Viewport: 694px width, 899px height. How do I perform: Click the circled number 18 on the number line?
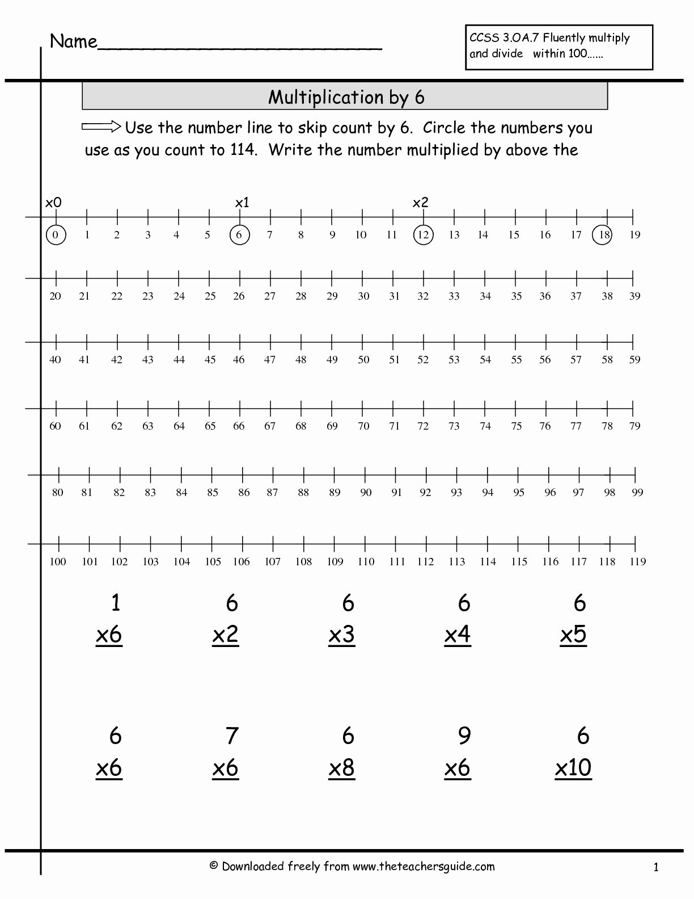pyautogui.click(x=602, y=235)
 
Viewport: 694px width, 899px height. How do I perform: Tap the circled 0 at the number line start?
pyautogui.click(x=56, y=235)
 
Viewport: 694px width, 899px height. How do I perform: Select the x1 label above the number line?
pyautogui.click(x=242, y=203)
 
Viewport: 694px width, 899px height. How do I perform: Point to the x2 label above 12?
pyautogui.click(x=420, y=203)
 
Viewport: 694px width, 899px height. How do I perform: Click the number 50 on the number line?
pyautogui.click(x=363, y=359)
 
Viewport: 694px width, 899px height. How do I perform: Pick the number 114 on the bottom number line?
pyautogui.click(x=488, y=562)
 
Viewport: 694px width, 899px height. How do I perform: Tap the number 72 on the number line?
pyautogui.click(x=423, y=426)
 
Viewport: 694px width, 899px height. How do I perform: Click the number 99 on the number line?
pyautogui.click(x=637, y=493)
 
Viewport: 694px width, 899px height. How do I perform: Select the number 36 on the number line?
pyautogui.click(x=545, y=296)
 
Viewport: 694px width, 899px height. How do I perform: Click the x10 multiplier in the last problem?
pyautogui.click(x=573, y=768)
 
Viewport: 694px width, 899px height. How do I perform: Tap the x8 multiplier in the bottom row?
pyautogui.click(x=341, y=768)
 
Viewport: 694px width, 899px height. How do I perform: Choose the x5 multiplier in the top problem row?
pyautogui.click(x=573, y=635)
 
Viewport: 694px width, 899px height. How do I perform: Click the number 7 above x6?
pyautogui.click(x=231, y=736)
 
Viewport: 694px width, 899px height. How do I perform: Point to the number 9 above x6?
pyautogui.click(x=464, y=736)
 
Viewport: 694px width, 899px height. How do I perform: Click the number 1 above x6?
pyautogui.click(x=116, y=603)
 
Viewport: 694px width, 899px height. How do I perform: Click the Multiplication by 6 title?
pyautogui.click(x=346, y=97)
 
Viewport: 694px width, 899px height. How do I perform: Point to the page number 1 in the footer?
pyautogui.click(x=655, y=867)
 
